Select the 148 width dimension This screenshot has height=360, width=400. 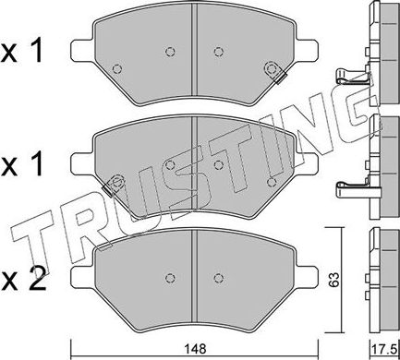tap(191, 349)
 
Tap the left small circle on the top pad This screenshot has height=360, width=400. tap(168, 52)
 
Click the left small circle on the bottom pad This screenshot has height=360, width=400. tap(168, 276)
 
